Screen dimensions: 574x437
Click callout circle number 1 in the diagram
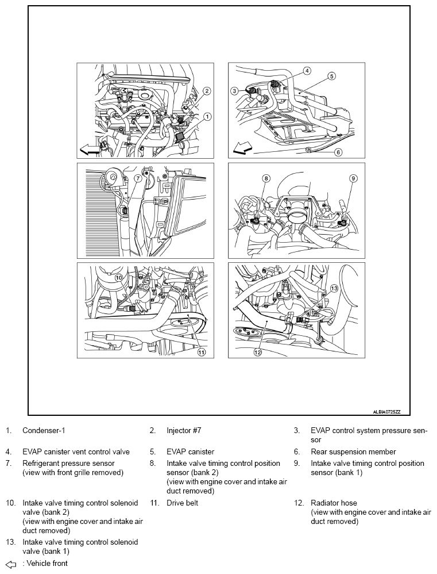coord(207,116)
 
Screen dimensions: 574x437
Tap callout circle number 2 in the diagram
coord(207,90)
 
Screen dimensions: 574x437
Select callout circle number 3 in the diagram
coord(234,91)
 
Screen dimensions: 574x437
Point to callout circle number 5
coord(332,76)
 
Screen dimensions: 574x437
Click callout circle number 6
coord(338,152)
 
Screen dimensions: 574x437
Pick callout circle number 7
coord(138,178)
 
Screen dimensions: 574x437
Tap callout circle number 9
coord(353,178)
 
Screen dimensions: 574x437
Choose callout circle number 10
coord(118,277)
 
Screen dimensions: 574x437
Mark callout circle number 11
coord(202,353)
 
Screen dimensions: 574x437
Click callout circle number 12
coord(257,353)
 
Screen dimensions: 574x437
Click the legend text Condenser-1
coord(47,430)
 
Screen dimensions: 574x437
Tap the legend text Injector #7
coord(184,430)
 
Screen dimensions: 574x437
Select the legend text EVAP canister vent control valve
coord(76,452)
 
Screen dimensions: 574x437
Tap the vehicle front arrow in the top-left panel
coord(90,150)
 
